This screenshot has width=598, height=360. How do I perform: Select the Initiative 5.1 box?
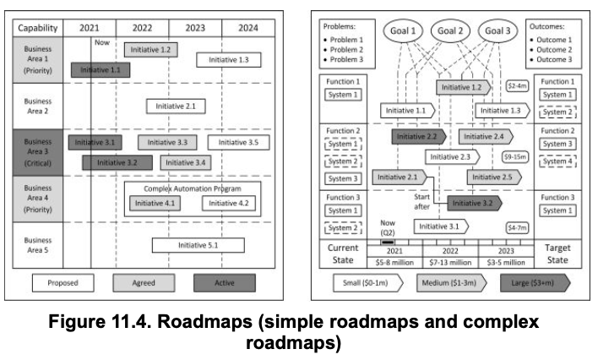point(198,245)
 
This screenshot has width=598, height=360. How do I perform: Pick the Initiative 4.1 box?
point(155,203)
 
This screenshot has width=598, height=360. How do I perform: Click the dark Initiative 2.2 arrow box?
point(418,136)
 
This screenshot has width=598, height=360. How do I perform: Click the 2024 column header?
point(247,28)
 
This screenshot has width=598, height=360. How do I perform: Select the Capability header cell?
point(37,28)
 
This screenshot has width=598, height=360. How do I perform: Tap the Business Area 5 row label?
point(37,245)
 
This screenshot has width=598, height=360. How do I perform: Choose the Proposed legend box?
point(63,282)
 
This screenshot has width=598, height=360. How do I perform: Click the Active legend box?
point(224,282)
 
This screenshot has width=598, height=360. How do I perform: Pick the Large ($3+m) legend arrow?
point(534,282)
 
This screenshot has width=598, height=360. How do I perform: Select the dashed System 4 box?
point(557,161)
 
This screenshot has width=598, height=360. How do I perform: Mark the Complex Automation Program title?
point(193,188)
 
